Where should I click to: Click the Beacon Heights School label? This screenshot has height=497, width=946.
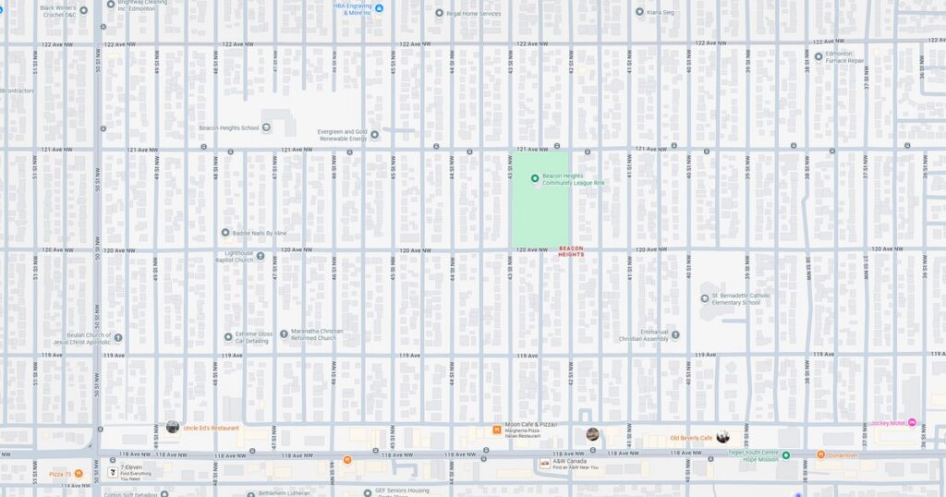(x=229, y=128)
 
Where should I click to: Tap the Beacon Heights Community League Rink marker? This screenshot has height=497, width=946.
(x=535, y=177)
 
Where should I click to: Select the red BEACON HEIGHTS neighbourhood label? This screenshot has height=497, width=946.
(x=572, y=250)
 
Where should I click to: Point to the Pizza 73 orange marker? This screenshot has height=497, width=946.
(x=79, y=474)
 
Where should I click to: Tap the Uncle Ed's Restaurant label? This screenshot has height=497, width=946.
(x=211, y=428)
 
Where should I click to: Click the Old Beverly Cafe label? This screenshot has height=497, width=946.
(x=691, y=437)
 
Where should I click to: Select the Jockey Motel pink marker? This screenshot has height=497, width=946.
(x=912, y=423)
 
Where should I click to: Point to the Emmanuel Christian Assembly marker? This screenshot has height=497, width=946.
(x=674, y=334)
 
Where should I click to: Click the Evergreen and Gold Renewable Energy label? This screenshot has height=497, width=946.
(x=342, y=135)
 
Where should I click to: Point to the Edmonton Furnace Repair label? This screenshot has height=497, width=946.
(x=845, y=57)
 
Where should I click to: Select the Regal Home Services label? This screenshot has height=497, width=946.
(x=473, y=14)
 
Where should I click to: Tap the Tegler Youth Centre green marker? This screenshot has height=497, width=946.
(x=786, y=455)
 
